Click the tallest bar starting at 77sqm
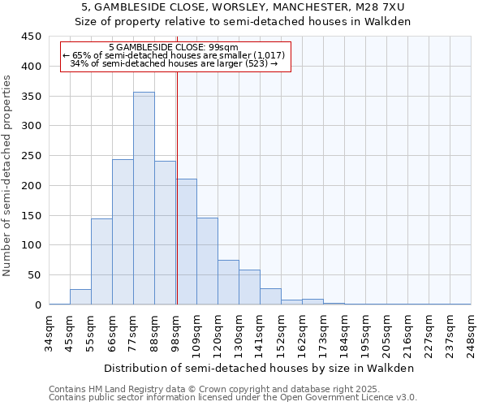144,199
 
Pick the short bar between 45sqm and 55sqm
80,297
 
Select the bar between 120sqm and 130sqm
228,283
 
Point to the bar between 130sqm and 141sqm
249,287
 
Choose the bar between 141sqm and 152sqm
270,297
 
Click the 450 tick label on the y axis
32,37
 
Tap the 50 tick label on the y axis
35,275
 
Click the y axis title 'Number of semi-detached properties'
7,175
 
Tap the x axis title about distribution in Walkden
260,368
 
